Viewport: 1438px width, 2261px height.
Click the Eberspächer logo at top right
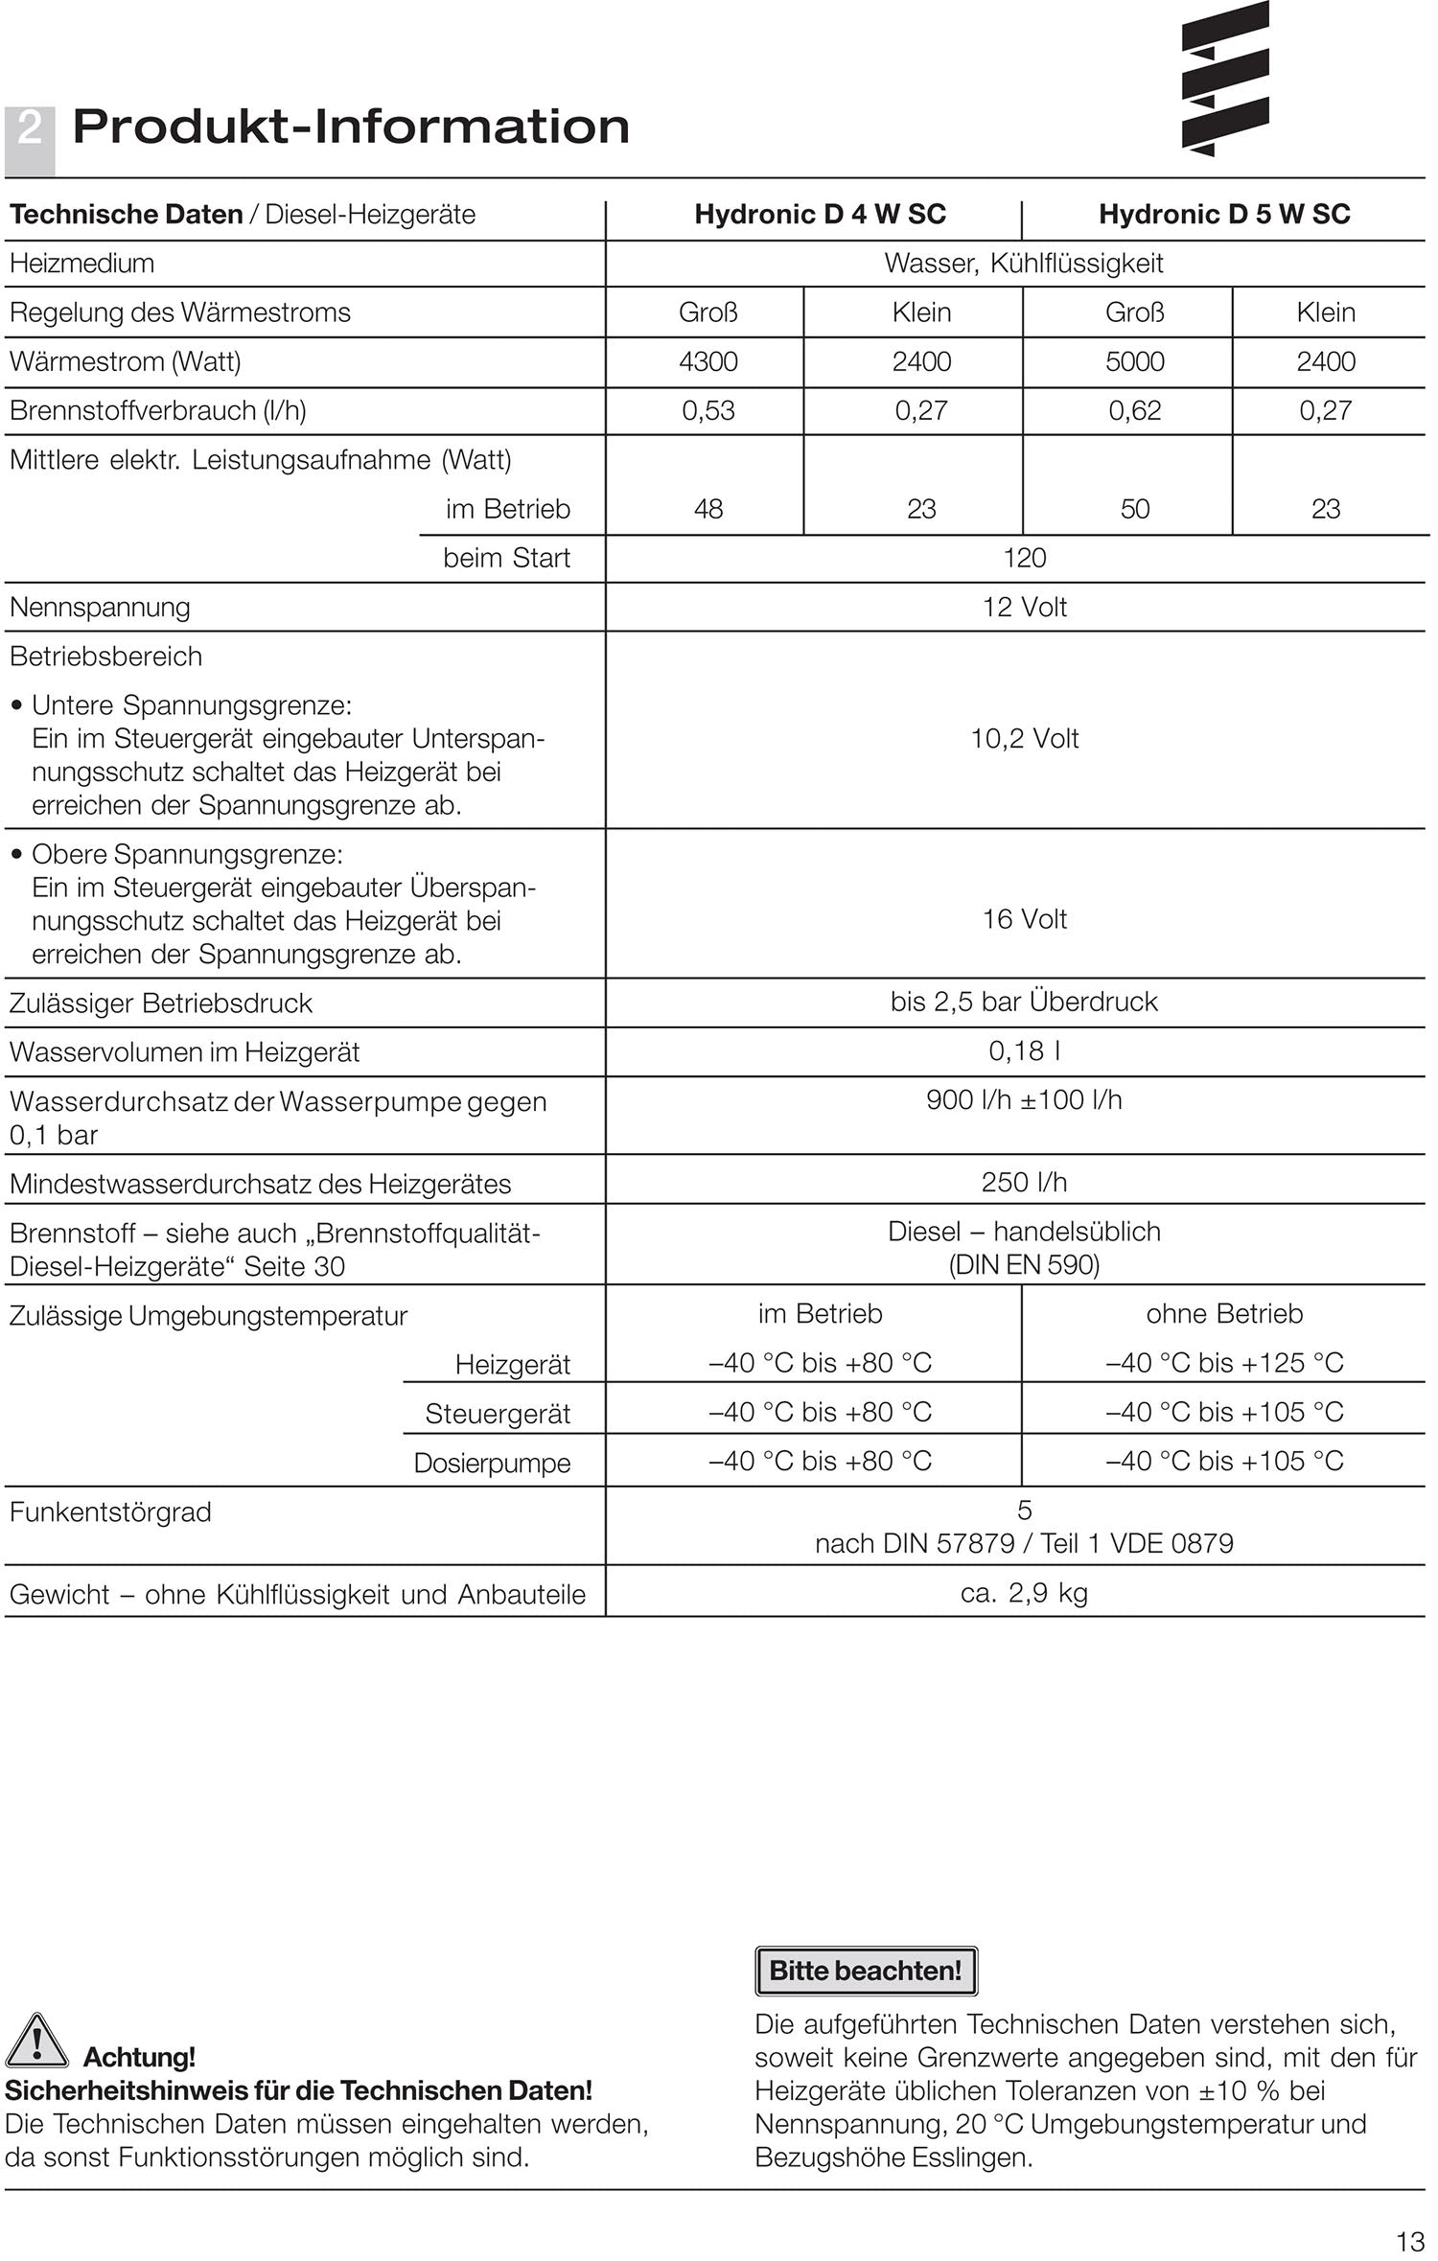[1224, 79]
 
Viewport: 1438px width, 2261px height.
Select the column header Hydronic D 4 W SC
[820, 214]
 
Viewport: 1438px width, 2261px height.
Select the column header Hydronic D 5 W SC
[1224, 214]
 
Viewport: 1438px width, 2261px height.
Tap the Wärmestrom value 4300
[707, 361]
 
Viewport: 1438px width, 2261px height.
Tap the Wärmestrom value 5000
[1134, 361]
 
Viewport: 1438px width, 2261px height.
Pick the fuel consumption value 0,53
[707, 410]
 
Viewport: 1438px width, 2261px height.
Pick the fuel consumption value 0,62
[1134, 410]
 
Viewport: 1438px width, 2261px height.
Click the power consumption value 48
[707, 509]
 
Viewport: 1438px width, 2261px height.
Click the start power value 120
[1024, 558]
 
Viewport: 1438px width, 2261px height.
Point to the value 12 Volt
[1024, 607]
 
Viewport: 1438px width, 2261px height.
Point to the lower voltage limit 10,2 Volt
[1024, 738]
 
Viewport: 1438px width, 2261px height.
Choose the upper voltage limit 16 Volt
[1024, 919]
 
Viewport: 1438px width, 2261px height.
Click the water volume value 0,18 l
[1024, 1050]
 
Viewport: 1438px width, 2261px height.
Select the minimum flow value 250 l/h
[1024, 1182]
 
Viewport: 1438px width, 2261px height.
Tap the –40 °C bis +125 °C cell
[1224, 1362]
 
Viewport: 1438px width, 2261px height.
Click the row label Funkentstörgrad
[110, 1512]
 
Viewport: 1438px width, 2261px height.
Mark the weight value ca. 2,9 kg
[1024, 1593]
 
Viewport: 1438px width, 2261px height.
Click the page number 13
[1410, 2242]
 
